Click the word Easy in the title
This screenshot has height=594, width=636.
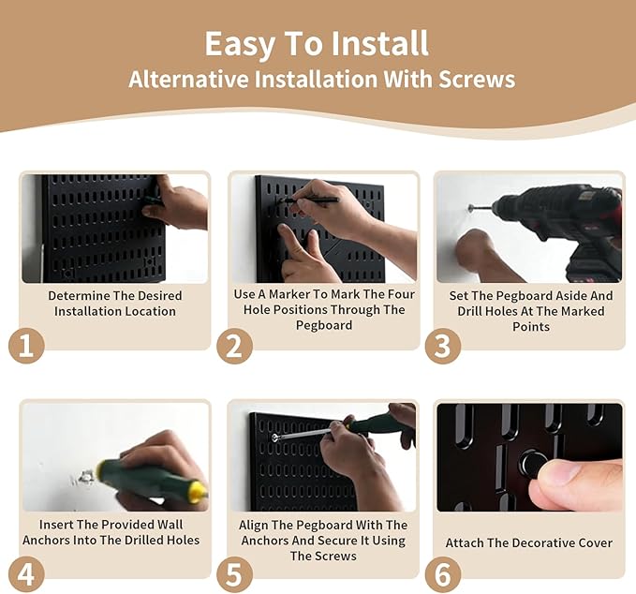[x=239, y=44]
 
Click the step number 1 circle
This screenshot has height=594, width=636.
[x=26, y=346]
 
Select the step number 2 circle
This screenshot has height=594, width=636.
[x=234, y=346]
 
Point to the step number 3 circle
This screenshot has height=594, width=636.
[x=443, y=346]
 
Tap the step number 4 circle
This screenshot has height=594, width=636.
[x=26, y=574]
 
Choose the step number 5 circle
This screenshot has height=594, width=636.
[x=234, y=574]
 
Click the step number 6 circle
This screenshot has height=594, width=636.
[x=443, y=574]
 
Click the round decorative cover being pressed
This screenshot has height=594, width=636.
[x=532, y=464]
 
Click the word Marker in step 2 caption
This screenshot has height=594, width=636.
[x=289, y=294]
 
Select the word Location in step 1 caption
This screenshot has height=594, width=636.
[x=151, y=311]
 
